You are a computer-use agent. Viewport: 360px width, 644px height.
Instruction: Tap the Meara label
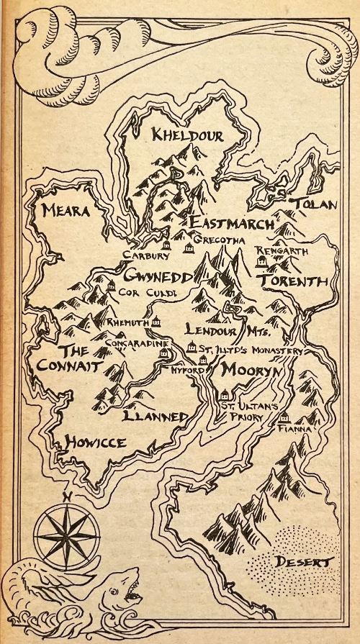pyautogui.click(x=65, y=211)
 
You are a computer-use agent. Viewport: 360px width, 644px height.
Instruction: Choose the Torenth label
pyautogui.click(x=293, y=280)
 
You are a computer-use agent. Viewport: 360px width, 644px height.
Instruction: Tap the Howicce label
pyautogui.click(x=95, y=442)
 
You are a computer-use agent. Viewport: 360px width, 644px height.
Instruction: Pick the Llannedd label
pyautogui.click(x=156, y=417)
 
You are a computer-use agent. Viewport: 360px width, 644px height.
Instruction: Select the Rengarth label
pyautogui.click(x=282, y=251)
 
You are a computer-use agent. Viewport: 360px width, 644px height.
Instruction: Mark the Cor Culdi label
pyautogui.click(x=139, y=292)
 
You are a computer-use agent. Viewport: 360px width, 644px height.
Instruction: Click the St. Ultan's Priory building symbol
pyautogui.click(x=225, y=394)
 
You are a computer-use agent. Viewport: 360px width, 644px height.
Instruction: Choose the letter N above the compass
pyautogui.click(x=64, y=496)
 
